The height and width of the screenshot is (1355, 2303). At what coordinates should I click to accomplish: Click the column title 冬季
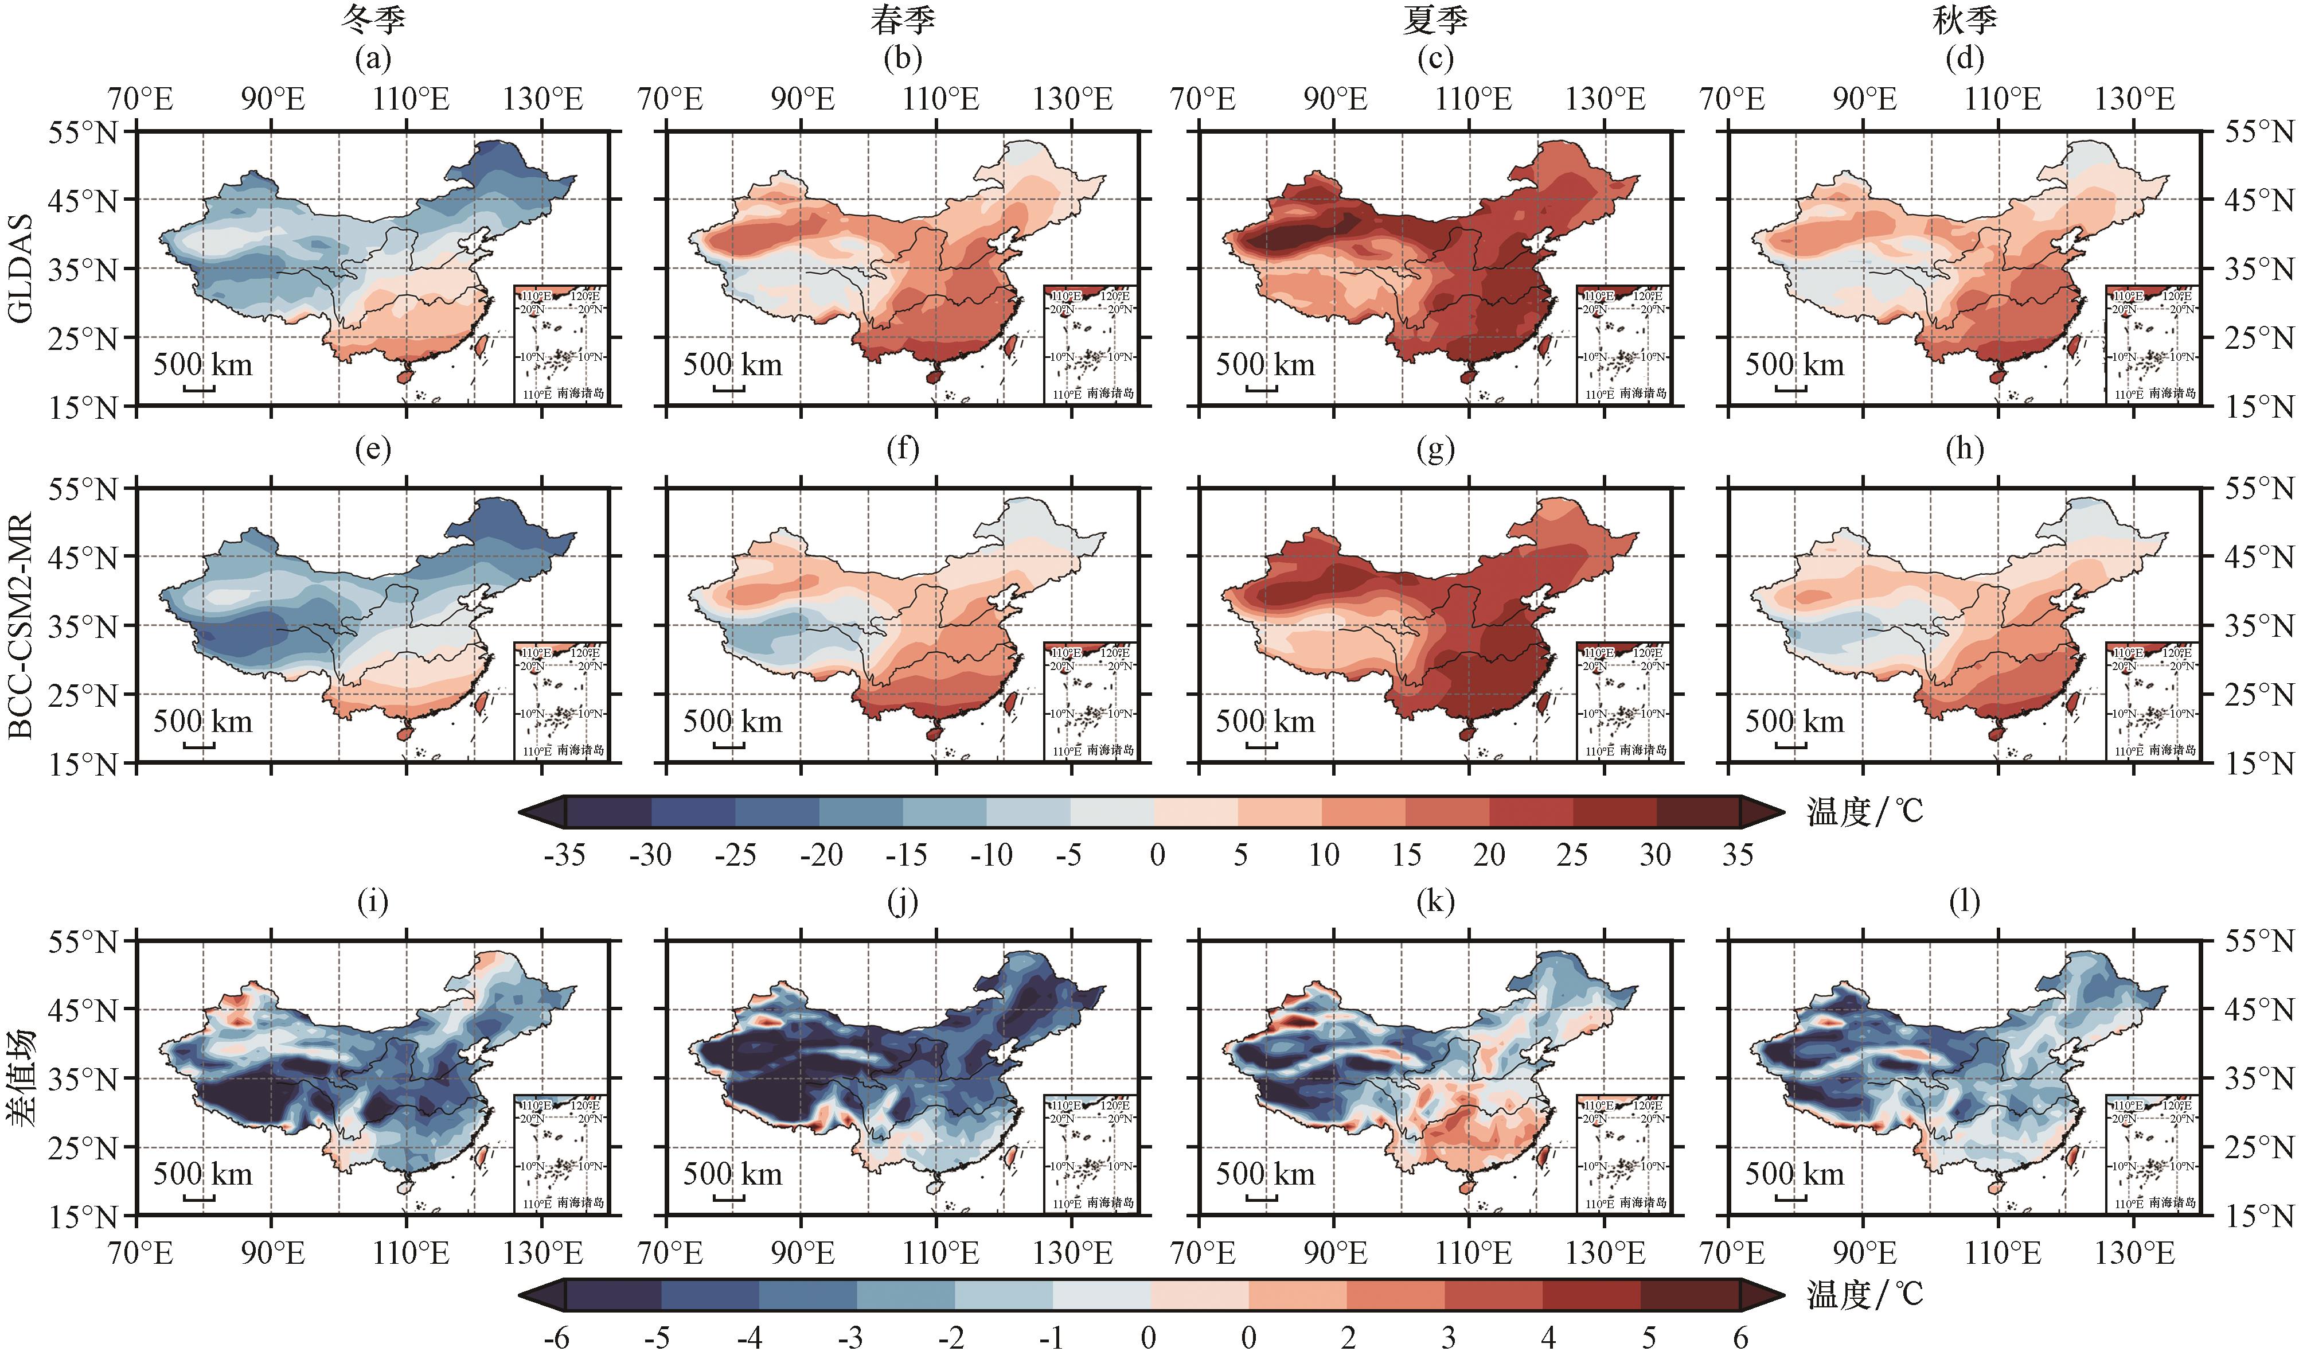[373, 20]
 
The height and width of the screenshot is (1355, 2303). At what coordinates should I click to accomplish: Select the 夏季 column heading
[1435, 20]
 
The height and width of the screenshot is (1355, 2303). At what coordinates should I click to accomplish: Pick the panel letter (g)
[1435, 449]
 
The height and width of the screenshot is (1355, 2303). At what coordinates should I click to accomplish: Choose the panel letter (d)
[1965, 59]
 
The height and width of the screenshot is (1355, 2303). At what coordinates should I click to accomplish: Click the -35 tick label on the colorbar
[564, 855]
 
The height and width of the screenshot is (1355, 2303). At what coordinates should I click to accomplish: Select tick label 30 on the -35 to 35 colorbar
[1655, 855]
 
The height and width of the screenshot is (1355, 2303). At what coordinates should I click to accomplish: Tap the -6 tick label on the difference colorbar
[557, 1338]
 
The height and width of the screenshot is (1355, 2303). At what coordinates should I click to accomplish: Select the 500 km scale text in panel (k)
[1265, 1174]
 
